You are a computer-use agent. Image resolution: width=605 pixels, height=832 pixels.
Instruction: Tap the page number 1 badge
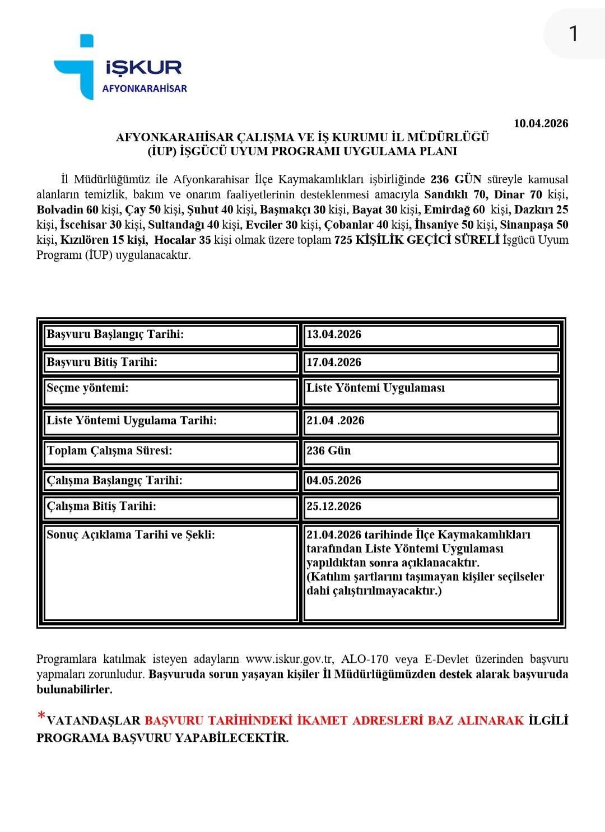tap(573, 34)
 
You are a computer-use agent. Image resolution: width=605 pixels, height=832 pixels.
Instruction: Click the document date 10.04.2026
tap(541, 124)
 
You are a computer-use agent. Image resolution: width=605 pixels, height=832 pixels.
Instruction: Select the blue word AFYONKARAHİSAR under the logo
tap(145, 89)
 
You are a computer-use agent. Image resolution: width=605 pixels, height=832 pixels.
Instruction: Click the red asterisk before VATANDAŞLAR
tap(41, 717)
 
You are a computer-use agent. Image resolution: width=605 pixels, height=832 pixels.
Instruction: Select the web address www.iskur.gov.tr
tap(289, 659)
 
